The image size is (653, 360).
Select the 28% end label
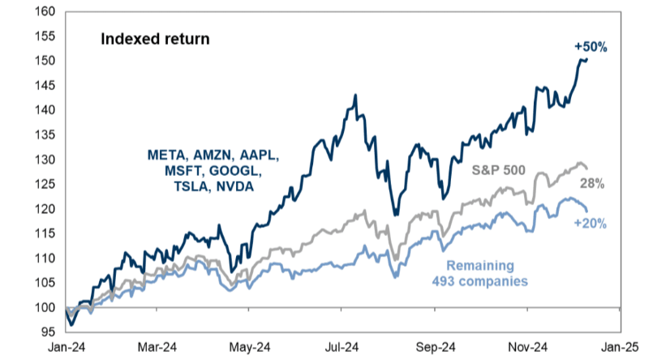tap(599, 185)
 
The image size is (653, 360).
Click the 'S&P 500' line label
tap(500, 171)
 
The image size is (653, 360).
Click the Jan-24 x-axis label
tap(65, 347)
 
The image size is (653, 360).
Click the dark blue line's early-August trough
tap(394, 215)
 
